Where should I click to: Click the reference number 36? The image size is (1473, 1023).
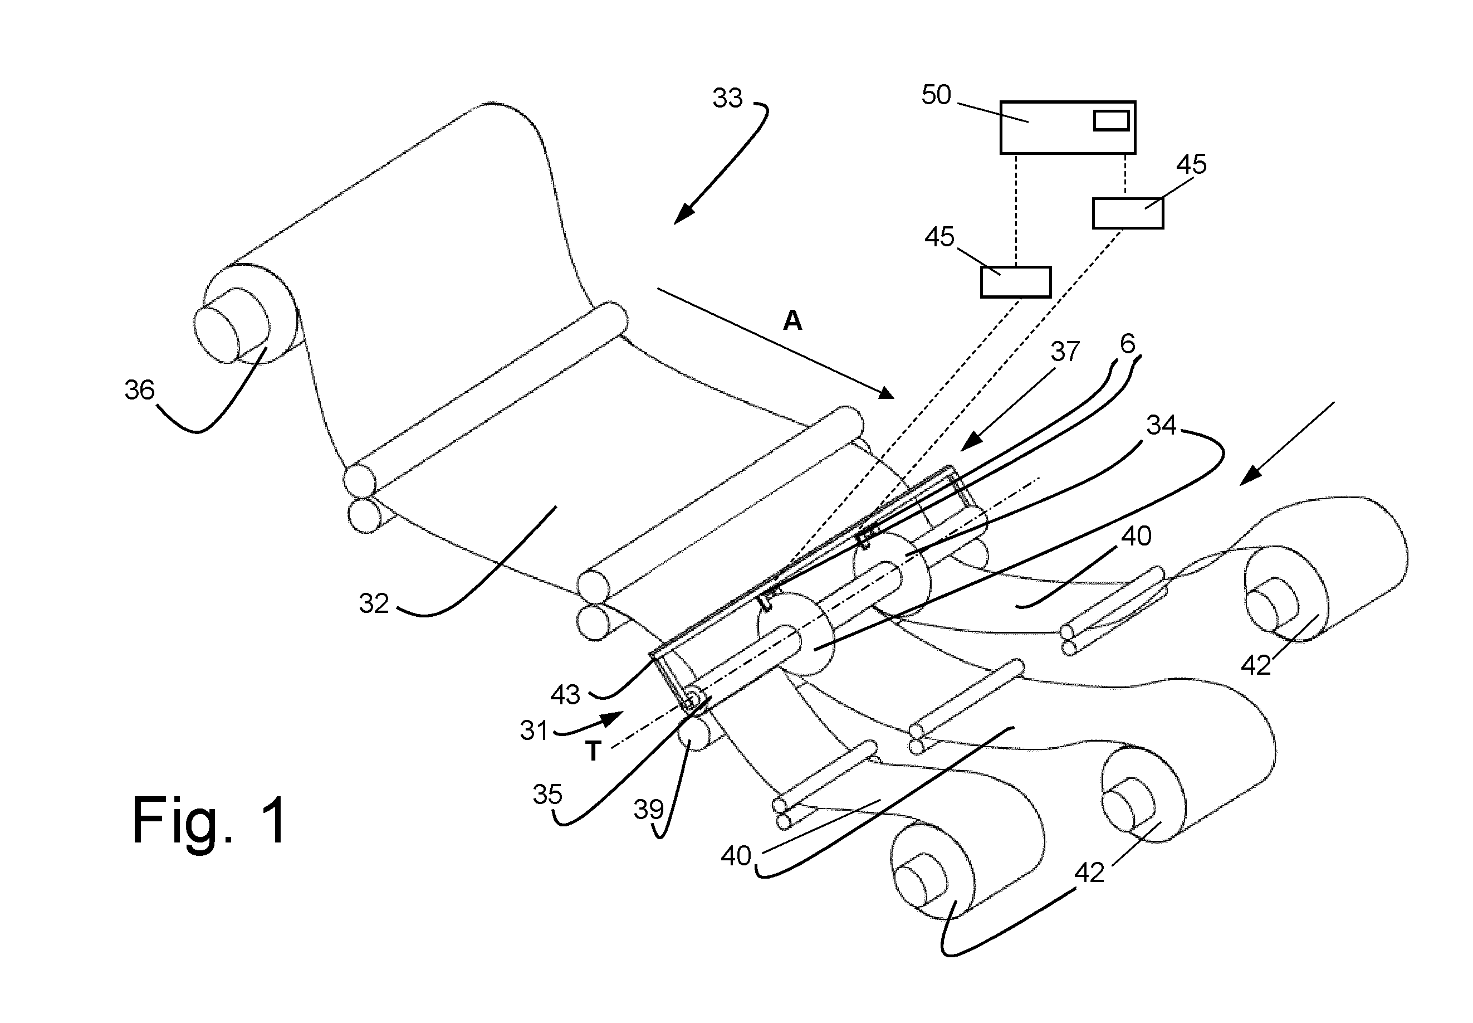click(140, 389)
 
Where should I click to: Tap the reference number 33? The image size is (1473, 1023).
click(727, 98)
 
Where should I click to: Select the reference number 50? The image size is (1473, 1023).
click(936, 95)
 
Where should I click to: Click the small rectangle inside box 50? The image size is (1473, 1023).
click(1111, 120)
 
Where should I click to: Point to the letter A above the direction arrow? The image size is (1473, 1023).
click(792, 320)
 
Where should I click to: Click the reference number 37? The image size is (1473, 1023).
click(1065, 351)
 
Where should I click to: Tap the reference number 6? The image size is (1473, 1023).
click(1128, 344)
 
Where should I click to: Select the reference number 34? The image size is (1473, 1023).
click(1161, 425)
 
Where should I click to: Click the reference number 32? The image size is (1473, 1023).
click(374, 604)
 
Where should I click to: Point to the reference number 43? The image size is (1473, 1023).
click(565, 694)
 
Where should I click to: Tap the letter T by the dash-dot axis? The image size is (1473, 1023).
click(593, 751)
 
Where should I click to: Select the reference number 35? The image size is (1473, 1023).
click(548, 795)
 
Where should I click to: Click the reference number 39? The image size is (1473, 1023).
click(648, 810)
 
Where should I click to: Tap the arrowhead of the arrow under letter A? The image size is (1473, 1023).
click(885, 392)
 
